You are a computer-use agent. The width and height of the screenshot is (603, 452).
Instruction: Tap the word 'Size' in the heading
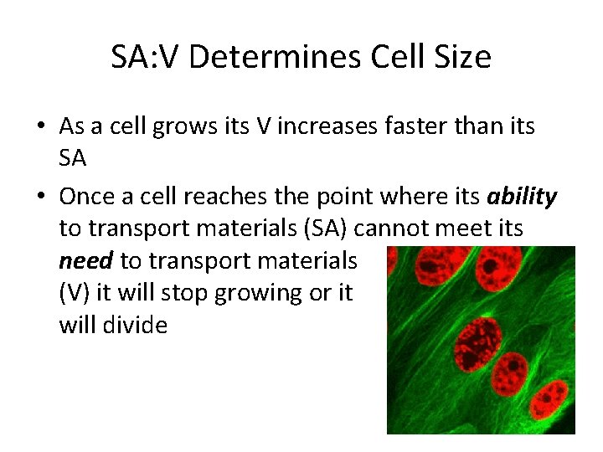461,58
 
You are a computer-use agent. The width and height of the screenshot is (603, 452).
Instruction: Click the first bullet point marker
41,127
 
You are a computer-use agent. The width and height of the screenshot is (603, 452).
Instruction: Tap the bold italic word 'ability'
523,197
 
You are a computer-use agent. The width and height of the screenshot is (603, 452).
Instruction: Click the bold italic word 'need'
85,260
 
